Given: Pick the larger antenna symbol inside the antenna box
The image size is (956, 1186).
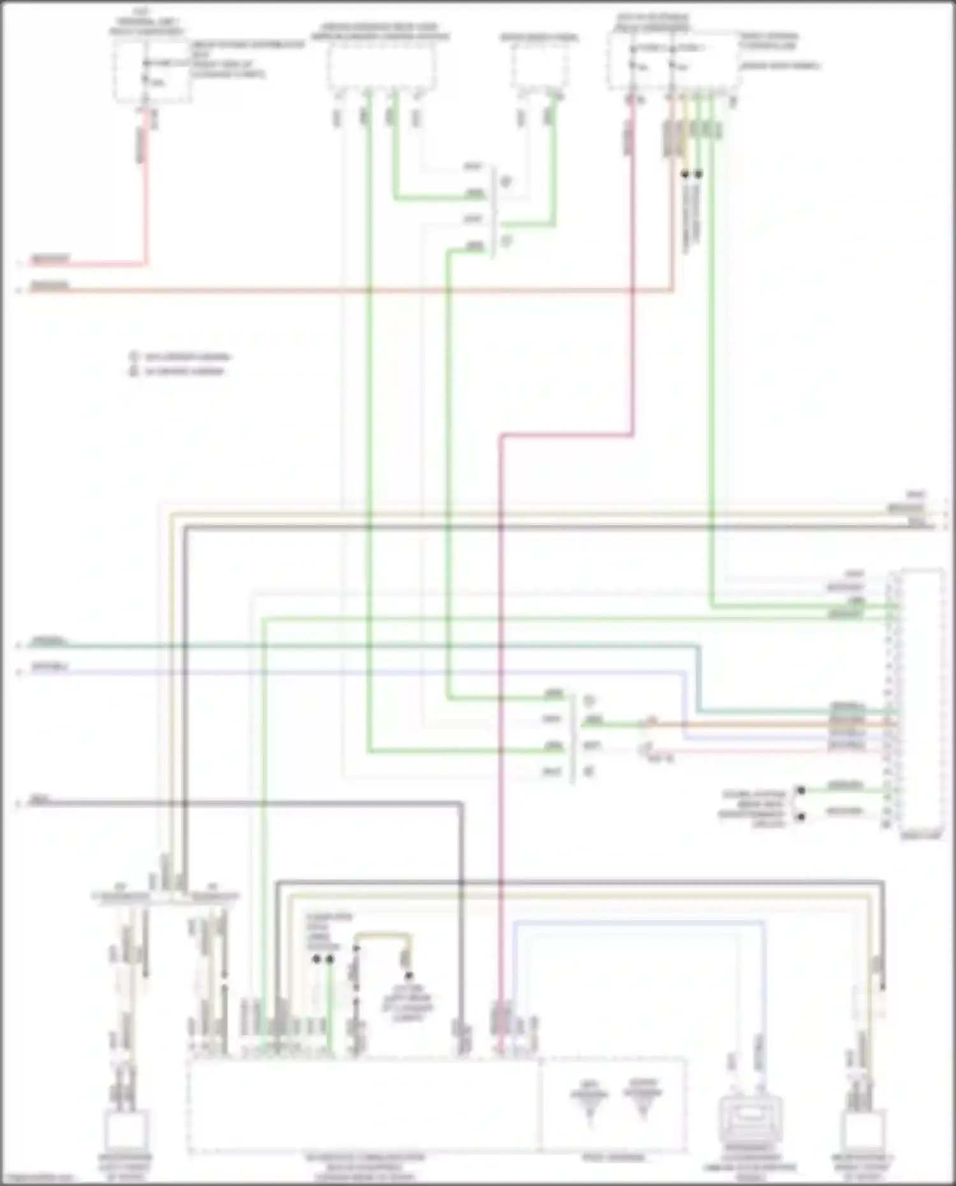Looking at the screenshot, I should tap(642, 1097).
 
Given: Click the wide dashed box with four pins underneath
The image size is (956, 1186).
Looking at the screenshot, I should tap(381, 68).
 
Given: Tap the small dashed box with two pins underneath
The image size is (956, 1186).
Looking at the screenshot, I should tap(539, 68).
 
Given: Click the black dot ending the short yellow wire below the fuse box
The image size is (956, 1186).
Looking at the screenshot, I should tap(685, 174).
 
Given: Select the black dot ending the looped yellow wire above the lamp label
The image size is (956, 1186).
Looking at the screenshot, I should tap(408, 976).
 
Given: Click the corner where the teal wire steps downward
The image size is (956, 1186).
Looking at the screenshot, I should tap(699, 647).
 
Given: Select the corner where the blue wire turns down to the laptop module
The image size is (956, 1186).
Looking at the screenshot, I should tap(764, 922).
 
